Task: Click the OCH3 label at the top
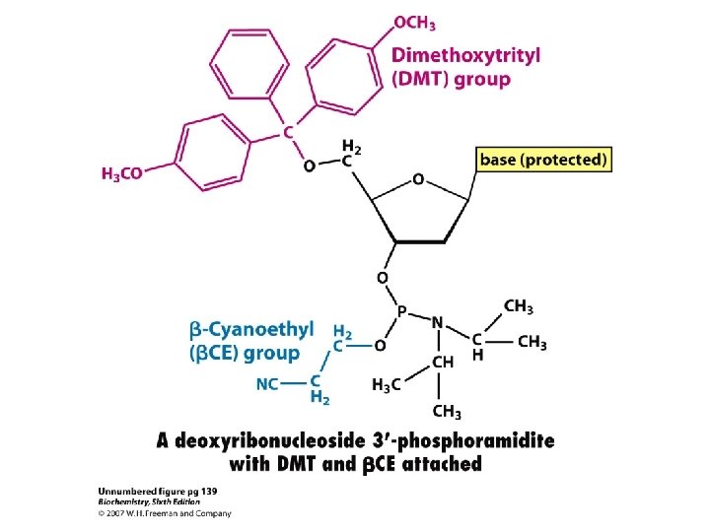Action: pos(415,22)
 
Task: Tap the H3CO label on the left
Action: pos(122,173)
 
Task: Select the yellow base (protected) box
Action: pos(543,159)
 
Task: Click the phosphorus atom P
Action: pos(401,311)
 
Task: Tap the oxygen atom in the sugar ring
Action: pos(418,180)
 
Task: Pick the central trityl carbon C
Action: pos(288,131)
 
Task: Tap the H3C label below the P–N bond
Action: pos(386,385)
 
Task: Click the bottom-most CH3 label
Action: pos(446,412)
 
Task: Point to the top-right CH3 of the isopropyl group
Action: pos(519,306)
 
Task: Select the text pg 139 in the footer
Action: pos(213,490)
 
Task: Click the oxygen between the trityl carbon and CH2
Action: pos(309,166)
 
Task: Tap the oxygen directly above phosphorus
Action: pos(381,277)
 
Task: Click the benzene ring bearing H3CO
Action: pos(209,154)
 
